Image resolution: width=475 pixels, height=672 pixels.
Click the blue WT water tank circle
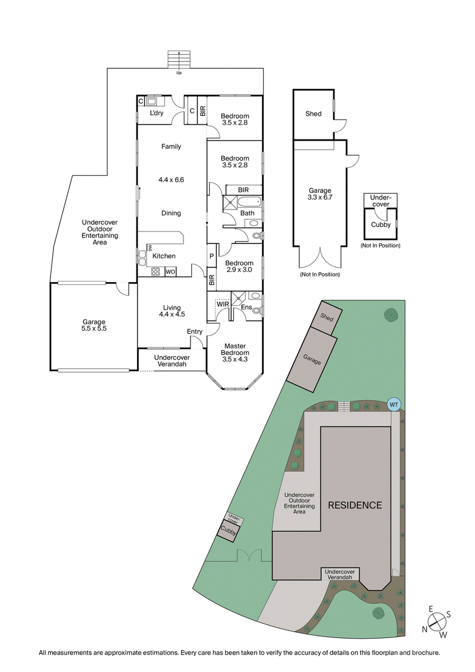[x=393, y=404]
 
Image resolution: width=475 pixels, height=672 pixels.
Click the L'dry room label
[x=157, y=113]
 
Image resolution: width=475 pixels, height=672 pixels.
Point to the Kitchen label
[x=164, y=256]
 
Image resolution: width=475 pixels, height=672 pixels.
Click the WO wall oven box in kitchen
[x=169, y=272]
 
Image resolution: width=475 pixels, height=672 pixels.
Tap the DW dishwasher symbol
[x=150, y=247]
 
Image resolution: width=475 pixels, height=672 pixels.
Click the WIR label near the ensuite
[x=223, y=304]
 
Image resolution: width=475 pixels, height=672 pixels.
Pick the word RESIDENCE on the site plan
[x=355, y=505]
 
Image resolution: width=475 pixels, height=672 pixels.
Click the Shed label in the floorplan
[x=313, y=113]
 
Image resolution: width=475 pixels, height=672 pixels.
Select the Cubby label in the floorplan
[x=381, y=225]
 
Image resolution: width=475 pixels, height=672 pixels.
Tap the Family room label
[x=172, y=147]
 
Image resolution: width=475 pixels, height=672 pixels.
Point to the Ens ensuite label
[x=246, y=307]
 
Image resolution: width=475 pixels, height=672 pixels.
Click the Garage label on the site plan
[x=311, y=360]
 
